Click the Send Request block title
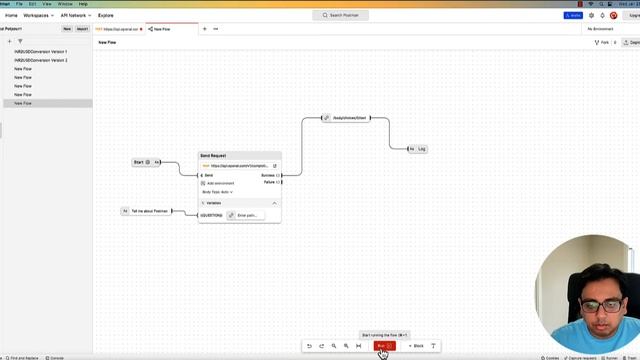(213, 156)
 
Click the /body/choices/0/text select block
(347, 118)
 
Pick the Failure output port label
(270, 182)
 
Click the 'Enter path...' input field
(245, 215)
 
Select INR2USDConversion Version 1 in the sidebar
(41, 51)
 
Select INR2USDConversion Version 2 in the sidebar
(41, 60)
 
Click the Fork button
(602, 43)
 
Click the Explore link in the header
(105, 16)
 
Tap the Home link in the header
(13, 16)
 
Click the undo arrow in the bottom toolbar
(309, 346)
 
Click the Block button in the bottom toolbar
(416, 346)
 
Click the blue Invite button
(576, 16)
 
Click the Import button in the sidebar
(83, 29)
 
